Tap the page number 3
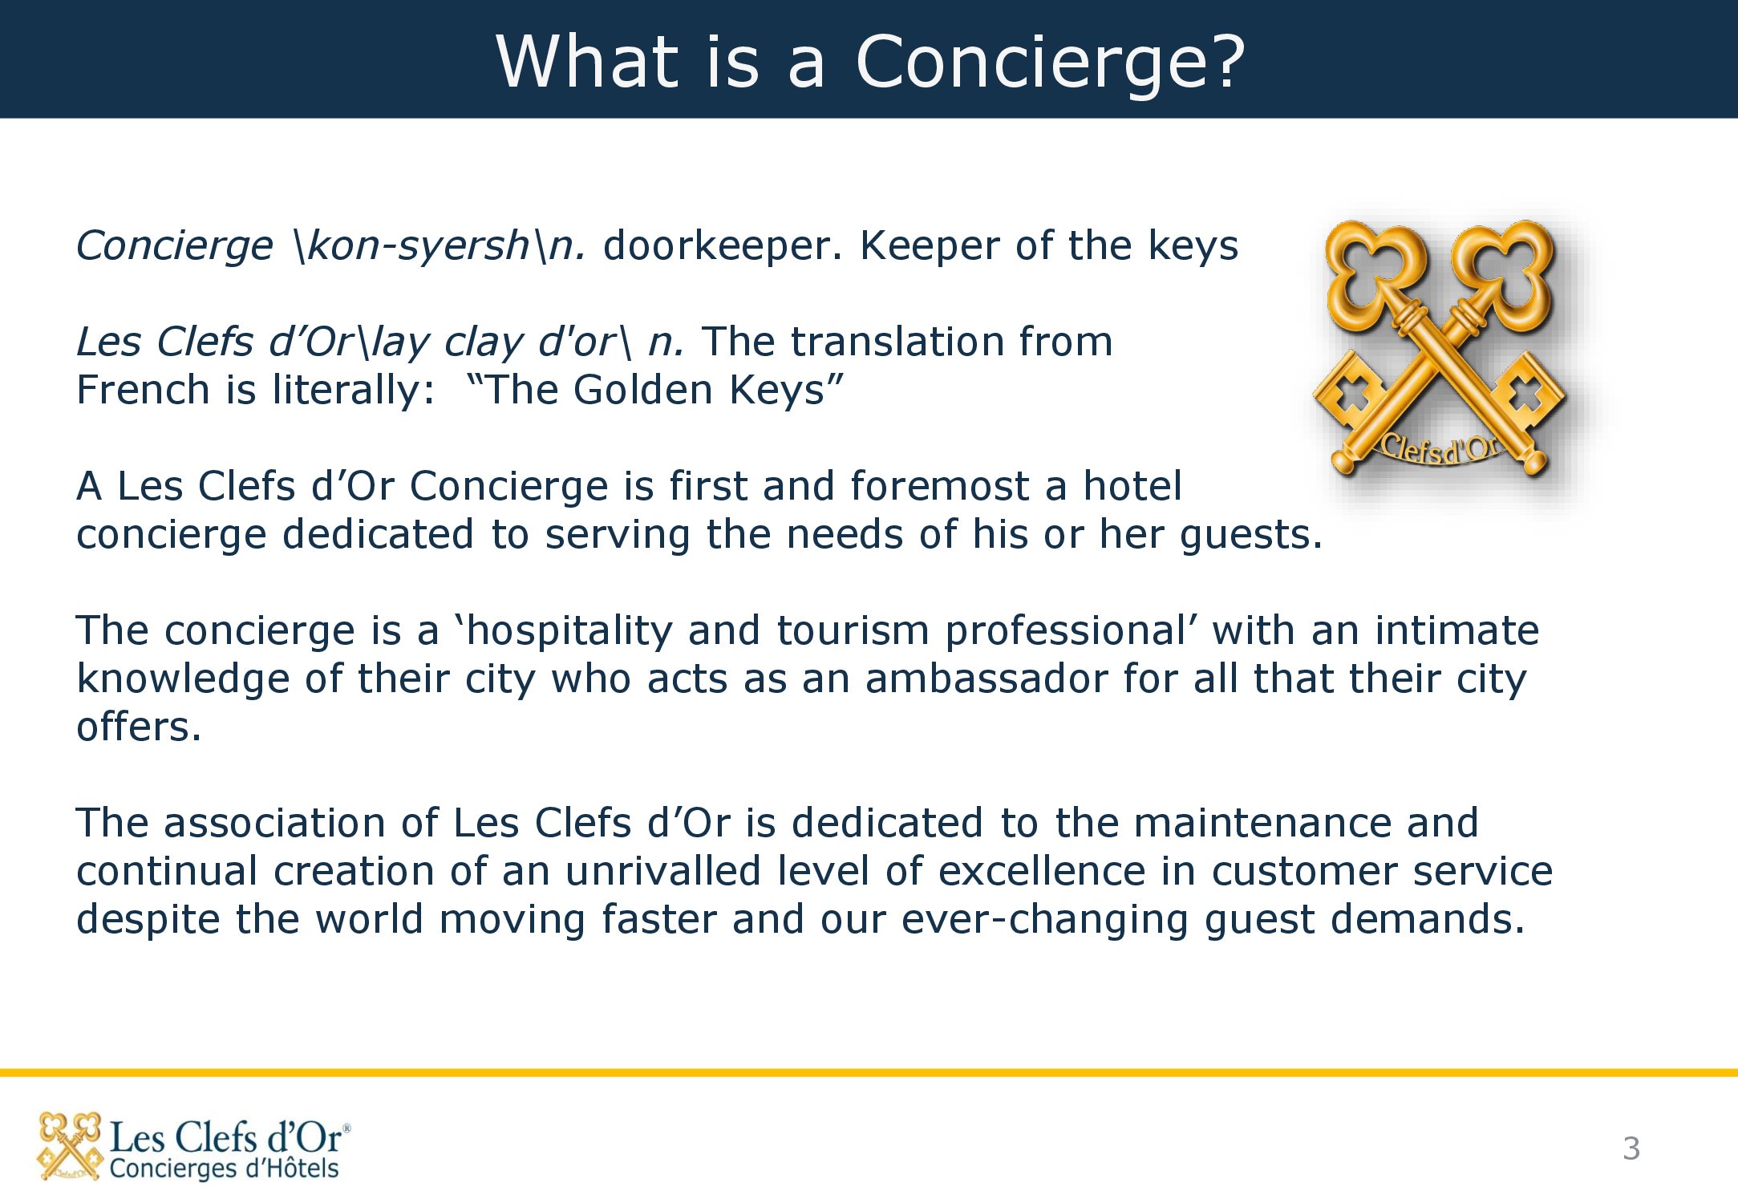1631,1148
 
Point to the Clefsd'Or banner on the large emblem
1440,449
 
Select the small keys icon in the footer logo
70,1146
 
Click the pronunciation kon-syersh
418,247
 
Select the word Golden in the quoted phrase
643,390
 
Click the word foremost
939,486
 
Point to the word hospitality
569,632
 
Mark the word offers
139,727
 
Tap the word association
299,823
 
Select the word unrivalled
663,871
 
